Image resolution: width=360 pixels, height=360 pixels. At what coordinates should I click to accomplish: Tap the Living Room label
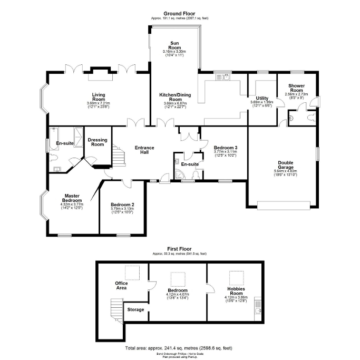coord(99,96)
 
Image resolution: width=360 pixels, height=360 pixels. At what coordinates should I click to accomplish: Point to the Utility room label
coord(262,99)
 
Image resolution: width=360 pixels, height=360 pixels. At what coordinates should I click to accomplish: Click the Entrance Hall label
coord(144,149)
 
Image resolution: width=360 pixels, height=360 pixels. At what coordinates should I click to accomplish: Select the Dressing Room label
coord(98,142)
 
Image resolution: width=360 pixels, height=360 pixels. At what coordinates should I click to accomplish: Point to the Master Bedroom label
coord(72,198)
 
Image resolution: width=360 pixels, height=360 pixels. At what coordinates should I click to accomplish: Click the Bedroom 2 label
coord(122,205)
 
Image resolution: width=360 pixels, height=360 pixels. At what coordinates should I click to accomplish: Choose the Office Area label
coord(121,286)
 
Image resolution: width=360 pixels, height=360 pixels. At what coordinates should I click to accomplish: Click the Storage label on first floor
coord(135,309)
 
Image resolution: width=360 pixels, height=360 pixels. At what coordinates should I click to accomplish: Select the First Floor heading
coord(180,249)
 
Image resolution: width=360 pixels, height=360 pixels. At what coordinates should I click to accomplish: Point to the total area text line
coord(180,348)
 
